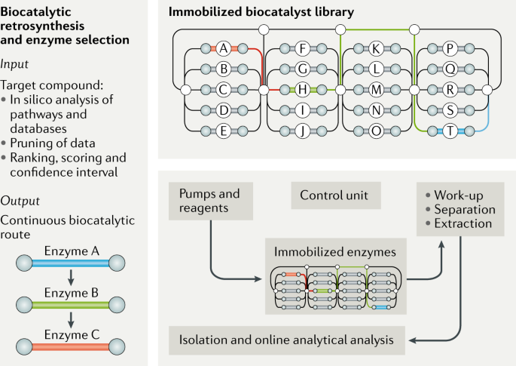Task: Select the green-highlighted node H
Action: click(x=301, y=90)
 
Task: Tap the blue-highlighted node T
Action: click(x=450, y=131)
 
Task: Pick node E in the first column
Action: click(x=222, y=131)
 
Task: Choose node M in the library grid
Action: click(x=376, y=90)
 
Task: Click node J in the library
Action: click(x=301, y=131)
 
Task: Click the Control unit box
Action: click(x=334, y=195)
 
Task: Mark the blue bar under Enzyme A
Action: click(x=70, y=265)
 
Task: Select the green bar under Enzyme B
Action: click(x=70, y=306)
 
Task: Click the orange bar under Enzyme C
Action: click(x=70, y=346)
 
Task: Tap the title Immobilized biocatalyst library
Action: click(x=259, y=12)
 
